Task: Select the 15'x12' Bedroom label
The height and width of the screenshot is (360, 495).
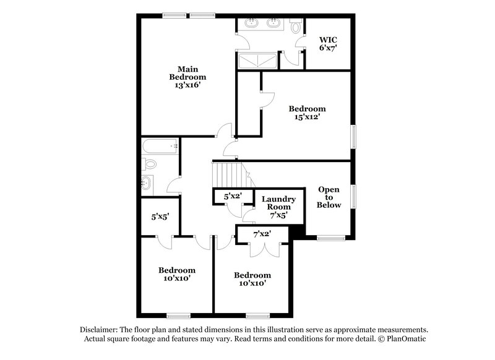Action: [308, 113]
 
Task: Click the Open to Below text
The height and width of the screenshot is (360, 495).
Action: [329, 197]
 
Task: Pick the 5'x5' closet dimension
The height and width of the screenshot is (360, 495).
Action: [161, 217]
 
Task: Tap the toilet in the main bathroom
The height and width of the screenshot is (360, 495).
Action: [295, 26]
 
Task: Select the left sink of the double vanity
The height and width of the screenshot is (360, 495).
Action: [252, 24]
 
